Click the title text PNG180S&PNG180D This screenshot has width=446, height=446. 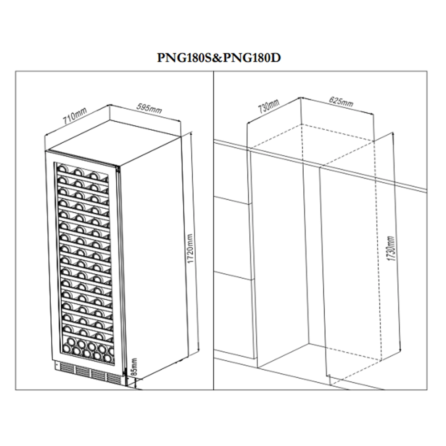[219, 58]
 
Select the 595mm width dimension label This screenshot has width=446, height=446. [149, 108]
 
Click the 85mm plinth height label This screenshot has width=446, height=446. [134, 367]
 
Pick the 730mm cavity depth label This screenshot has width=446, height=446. [268, 106]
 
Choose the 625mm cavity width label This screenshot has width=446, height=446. [341, 102]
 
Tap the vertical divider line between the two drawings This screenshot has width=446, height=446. [213, 230]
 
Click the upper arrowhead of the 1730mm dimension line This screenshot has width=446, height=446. [393, 135]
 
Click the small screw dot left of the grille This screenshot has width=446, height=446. [57, 365]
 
